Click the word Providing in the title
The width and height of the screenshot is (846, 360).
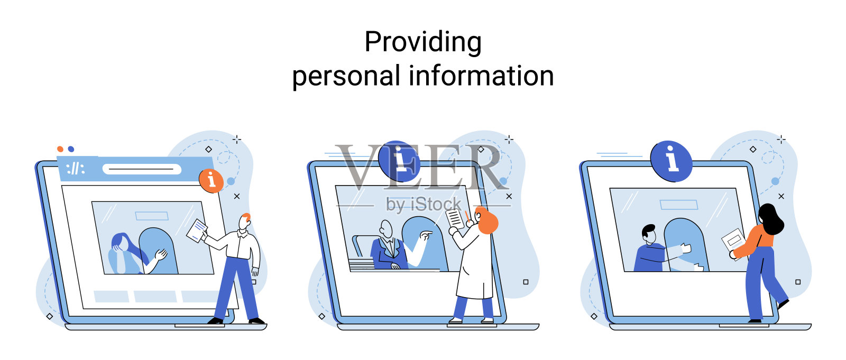point(422,42)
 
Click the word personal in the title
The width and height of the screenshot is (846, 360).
point(346,76)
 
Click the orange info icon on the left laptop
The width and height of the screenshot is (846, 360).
point(211,180)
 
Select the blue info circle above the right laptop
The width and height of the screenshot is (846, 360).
point(671,161)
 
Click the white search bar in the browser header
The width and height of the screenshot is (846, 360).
point(142,169)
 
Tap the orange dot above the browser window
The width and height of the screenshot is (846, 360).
point(60,149)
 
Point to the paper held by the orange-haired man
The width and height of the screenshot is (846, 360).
point(197,230)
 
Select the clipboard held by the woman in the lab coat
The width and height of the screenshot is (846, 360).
point(454,218)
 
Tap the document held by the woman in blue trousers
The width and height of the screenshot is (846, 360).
point(733,242)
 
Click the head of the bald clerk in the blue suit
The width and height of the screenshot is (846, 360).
point(387,229)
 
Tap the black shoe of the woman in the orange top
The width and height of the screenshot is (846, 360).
point(783,304)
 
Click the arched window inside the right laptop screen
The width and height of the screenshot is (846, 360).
point(686,243)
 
